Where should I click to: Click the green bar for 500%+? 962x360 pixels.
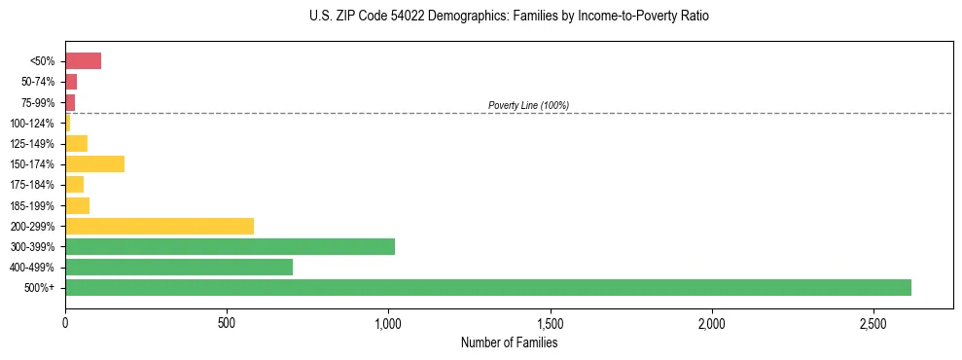click(487, 287)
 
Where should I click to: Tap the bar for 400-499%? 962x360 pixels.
click(179, 267)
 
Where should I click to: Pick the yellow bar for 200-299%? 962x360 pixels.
click(160, 226)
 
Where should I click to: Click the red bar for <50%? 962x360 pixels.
click(83, 61)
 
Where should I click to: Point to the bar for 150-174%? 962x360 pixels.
click(94, 163)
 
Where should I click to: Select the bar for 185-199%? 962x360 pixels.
click(77, 205)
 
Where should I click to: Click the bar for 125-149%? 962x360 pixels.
click(76, 144)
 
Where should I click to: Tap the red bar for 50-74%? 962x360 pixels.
click(71, 82)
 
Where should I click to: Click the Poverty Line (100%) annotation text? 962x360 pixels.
click(528, 105)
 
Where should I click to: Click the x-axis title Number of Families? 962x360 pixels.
click(509, 342)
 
